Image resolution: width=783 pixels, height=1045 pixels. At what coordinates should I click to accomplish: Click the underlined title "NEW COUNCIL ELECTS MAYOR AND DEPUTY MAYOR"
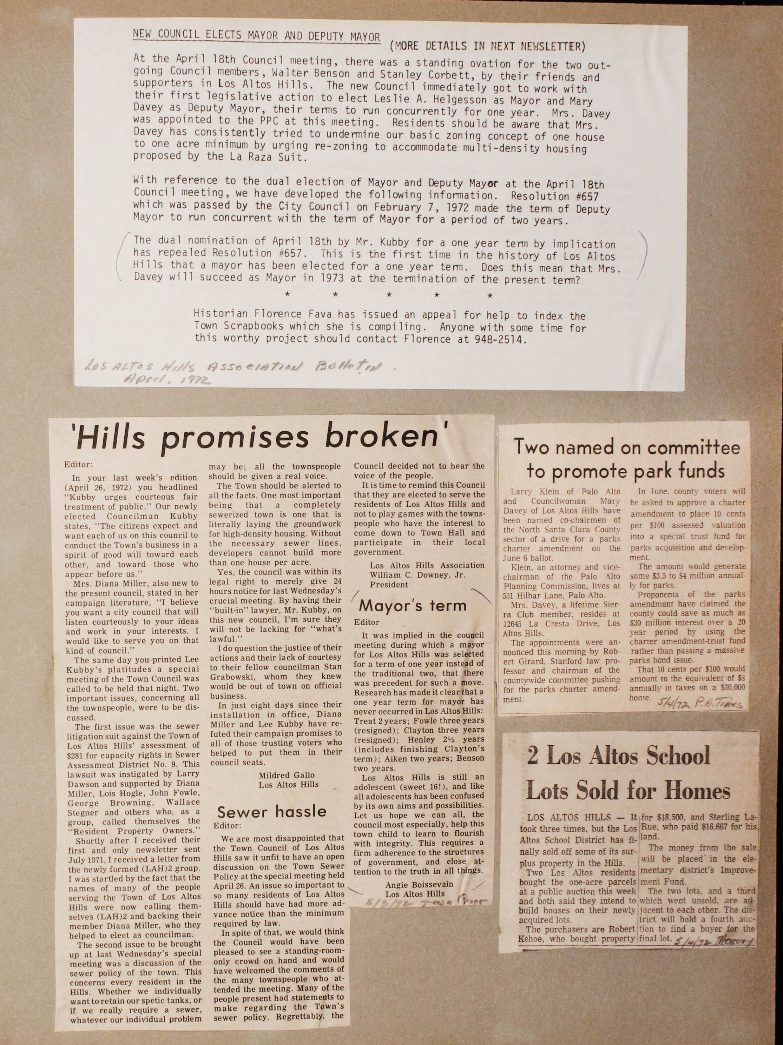point(256,36)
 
